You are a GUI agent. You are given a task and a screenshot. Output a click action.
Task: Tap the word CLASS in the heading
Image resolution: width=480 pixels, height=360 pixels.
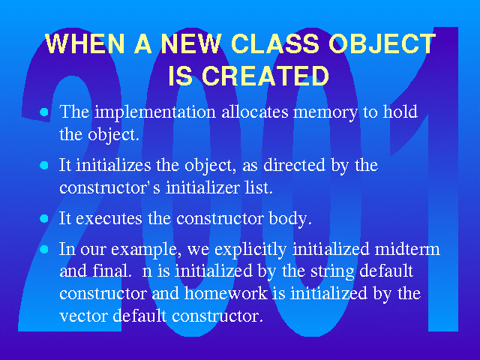(x=275, y=43)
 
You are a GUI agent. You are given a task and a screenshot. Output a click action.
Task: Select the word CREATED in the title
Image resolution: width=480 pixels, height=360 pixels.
(x=265, y=76)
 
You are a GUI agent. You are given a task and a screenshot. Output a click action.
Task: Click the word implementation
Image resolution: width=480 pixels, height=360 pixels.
(x=155, y=112)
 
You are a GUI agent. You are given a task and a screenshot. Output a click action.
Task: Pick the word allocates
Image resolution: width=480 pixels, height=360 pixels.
(x=255, y=112)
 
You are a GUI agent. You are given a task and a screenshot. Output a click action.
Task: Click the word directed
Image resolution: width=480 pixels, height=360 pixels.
(x=294, y=165)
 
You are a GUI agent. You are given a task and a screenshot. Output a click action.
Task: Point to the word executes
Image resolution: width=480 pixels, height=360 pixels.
(x=109, y=219)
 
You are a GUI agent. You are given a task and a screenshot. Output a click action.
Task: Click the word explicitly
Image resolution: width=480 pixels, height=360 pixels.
(x=250, y=250)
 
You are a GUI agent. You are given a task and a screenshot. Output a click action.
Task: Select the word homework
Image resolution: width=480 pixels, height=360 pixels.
(x=226, y=293)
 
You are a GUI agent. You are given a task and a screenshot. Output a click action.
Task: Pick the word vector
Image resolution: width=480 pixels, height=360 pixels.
(x=83, y=316)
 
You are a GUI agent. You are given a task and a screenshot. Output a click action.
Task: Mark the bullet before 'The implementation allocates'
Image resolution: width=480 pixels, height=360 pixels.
(x=44, y=112)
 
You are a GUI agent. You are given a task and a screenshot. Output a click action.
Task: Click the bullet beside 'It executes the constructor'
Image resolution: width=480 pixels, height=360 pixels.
(x=44, y=218)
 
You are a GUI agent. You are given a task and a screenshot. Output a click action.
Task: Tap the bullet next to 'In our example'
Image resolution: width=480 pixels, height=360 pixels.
(x=44, y=250)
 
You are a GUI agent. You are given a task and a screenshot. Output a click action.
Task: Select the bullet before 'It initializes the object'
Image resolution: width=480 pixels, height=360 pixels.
(x=44, y=165)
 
